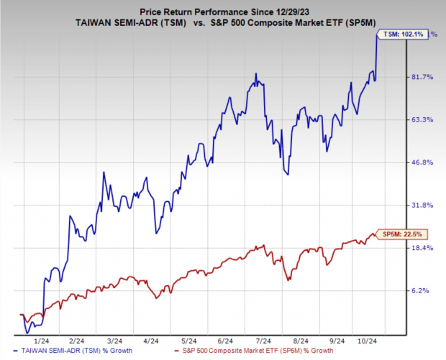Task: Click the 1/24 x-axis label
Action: pos(42,341)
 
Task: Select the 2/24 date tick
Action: pos(76,341)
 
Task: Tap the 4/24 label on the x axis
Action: pos(150,341)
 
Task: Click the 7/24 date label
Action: pos(263,341)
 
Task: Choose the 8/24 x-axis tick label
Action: pos(300,341)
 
